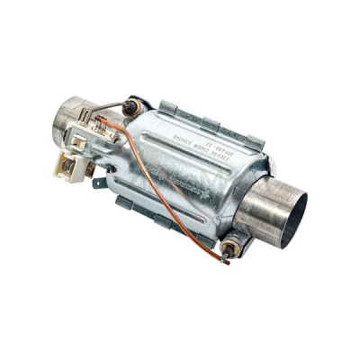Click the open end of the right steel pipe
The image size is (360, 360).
pos(290,215)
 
